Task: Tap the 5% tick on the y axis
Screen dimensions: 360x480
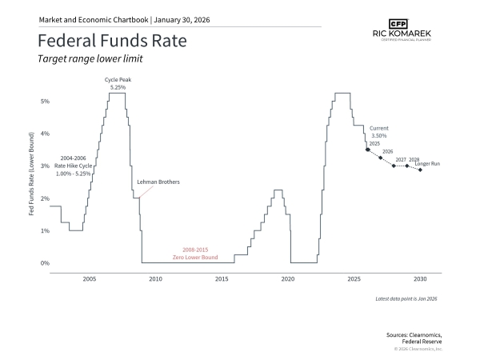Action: point(45,102)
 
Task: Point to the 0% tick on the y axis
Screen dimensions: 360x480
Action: point(45,262)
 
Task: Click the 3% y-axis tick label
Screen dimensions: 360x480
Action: point(45,166)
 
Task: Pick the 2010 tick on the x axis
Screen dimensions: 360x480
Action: point(155,279)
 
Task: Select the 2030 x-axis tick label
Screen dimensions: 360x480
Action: point(420,279)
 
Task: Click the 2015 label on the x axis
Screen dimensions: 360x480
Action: point(222,279)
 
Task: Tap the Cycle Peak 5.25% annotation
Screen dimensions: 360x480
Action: point(117,83)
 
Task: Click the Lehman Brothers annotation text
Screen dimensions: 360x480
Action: point(159,182)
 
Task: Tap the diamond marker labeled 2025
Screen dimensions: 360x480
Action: point(367,150)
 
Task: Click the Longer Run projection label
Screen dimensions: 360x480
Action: point(429,163)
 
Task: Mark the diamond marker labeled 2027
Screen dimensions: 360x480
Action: point(394,166)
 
